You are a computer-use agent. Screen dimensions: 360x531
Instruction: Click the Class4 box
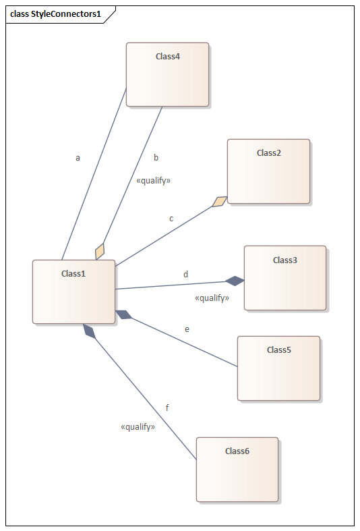coord(167,74)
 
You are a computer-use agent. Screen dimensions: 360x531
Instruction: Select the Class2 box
coord(268,171)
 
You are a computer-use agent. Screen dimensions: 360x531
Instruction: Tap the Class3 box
coord(285,278)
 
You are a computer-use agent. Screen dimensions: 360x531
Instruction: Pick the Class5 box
coord(279,368)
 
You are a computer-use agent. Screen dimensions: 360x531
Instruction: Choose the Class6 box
coord(237,470)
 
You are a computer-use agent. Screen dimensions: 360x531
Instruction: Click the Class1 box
coord(73,292)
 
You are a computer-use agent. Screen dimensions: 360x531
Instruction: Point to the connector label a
coord(78,158)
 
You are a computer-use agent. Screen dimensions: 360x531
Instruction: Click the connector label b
coord(156,157)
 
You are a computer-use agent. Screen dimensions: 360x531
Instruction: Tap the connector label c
coord(171,219)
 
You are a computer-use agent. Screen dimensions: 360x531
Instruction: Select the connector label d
coord(186,274)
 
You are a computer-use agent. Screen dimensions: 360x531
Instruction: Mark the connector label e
coord(187,329)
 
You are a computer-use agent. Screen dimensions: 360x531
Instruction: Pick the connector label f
coord(167,408)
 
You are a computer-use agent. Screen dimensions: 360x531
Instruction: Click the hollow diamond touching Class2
coord(220,202)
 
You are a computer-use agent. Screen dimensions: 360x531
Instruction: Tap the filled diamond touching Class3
coord(235,281)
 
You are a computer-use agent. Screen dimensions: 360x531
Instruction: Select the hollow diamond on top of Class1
coord(100,251)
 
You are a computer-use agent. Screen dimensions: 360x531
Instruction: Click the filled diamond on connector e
coord(124,314)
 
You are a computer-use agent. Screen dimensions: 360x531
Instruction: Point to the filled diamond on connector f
coord(90,331)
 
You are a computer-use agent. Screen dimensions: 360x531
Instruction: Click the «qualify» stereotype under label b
coord(153,181)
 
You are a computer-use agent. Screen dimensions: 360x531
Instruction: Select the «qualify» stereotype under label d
coord(212,298)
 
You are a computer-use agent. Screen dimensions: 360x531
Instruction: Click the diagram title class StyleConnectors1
coord(55,14)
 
